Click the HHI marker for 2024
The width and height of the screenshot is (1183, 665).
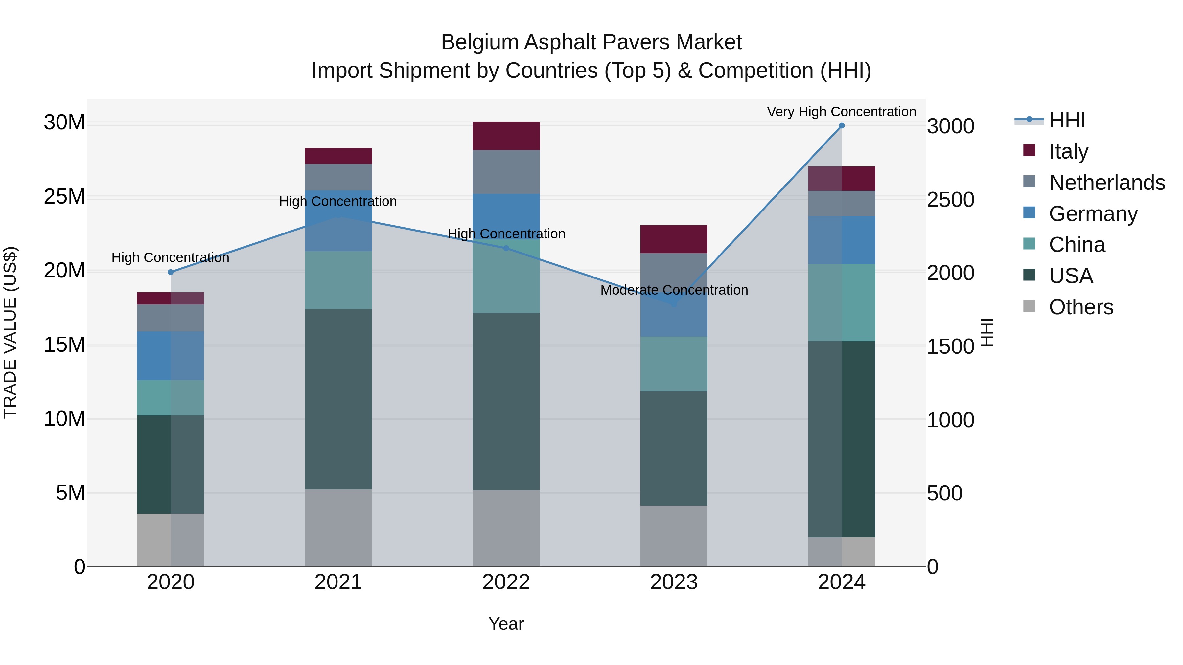pos(841,126)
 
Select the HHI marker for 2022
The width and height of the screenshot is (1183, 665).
pos(506,248)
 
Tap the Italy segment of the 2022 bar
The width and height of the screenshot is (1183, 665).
pos(506,136)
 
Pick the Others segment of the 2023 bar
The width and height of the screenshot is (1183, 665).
pos(674,536)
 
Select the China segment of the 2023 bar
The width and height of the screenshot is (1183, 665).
pos(674,364)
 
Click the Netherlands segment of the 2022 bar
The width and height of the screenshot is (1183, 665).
pos(506,172)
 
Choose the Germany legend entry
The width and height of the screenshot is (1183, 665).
pos(1093,214)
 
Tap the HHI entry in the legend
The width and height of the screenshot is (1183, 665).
pos(1067,120)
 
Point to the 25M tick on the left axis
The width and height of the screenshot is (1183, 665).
pos(64,197)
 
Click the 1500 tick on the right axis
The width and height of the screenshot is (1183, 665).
pos(950,346)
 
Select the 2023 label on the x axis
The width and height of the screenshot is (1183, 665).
pos(674,582)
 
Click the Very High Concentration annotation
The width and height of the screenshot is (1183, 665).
pos(841,112)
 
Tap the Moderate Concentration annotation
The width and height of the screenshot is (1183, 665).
pos(674,290)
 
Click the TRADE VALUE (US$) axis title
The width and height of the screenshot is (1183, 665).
pos(10,332)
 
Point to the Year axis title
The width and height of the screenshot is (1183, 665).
pos(506,624)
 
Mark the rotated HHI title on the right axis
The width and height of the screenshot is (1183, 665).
pos(986,332)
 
